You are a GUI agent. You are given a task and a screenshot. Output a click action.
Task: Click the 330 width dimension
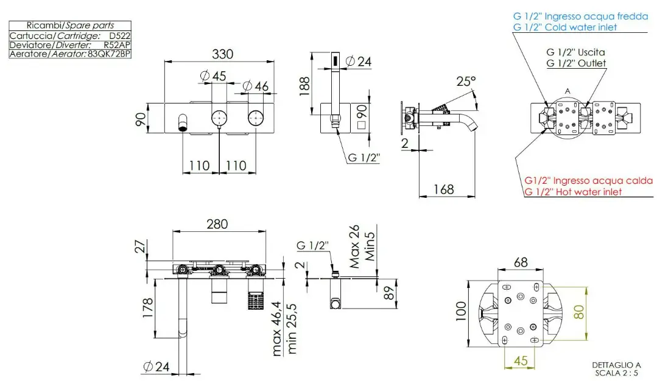pyautogui.click(x=222, y=54)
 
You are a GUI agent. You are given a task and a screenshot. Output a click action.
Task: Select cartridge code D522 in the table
pyautogui.click(x=119, y=36)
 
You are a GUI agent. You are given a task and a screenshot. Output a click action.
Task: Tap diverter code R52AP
pyautogui.click(x=117, y=45)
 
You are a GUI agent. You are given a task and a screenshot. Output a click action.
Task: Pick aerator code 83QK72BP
pyautogui.click(x=109, y=54)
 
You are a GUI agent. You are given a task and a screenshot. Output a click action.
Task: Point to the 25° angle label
pyautogui.click(x=466, y=81)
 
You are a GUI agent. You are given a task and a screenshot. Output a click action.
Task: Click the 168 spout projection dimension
pyautogui.click(x=444, y=189)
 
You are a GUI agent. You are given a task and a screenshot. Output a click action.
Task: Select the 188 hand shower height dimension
pyautogui.click(x=304, y=86)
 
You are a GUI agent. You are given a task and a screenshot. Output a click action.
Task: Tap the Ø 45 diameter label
pyautogui.click(x=213, y=76)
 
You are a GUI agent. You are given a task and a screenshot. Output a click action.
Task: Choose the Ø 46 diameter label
pyautogui.click(x=255, y=86)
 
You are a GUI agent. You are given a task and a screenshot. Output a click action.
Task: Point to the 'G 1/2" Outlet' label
pyautogui.click(x=576, y=63)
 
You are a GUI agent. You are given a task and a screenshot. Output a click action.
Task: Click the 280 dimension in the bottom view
pyautogui.click(x=217, y=224)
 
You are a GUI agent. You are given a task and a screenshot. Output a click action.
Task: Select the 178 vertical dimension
pyautogui.click(x=147, y=308)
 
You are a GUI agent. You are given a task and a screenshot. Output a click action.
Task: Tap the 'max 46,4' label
pyautogui.click(x=276, y=329)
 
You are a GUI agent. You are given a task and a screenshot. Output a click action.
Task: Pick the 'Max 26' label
pyautogui.click(x=354, y=246)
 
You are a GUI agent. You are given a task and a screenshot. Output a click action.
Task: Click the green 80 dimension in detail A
pyautogui.click(x=578, y=312)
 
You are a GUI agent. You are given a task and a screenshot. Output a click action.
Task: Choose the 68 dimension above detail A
pyautogui.click(x=521, y=262)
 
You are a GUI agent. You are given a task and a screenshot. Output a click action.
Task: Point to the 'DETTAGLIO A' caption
pyautogui.click(x=616, y=365)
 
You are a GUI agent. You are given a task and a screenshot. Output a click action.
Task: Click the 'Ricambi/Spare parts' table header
pyautogui.click(x=70, y=25)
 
